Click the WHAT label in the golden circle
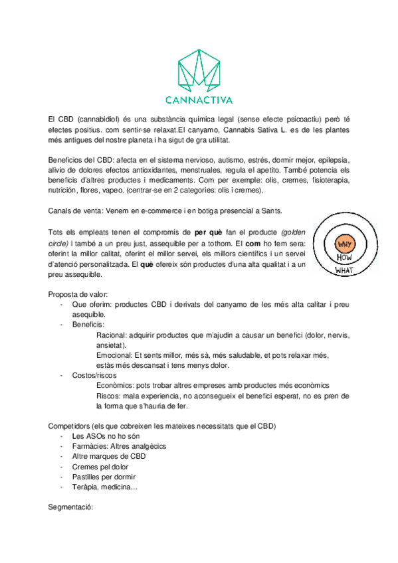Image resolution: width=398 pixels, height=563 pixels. (x=344, y=270)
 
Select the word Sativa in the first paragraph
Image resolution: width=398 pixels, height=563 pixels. (x=264, y=129)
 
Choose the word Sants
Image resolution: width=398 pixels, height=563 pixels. (x=270, y=211)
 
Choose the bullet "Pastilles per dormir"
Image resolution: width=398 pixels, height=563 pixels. (x=104, y=477)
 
